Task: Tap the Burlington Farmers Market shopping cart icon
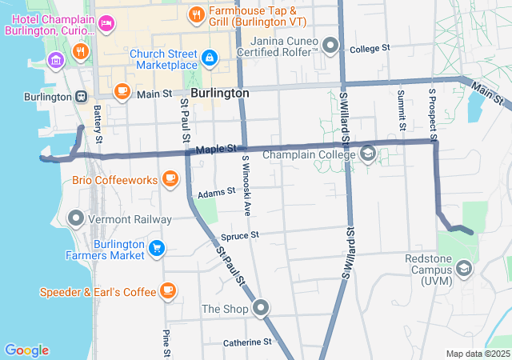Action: point(157,248)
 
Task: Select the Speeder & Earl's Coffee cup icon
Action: point(167,290)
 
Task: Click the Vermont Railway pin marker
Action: point(76,218)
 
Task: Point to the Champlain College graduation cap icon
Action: point(368,153)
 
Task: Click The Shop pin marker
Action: point(261,308)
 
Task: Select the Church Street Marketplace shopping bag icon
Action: point(209,57)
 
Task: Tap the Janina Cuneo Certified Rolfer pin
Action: point(331,44)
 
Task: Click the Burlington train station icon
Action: point(82,96)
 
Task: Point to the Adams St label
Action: point(215,193)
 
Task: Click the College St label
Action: point(370,49)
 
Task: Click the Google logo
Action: point(26,350)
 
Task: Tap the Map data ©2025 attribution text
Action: point(477,354)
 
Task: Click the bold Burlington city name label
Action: point(220,93)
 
